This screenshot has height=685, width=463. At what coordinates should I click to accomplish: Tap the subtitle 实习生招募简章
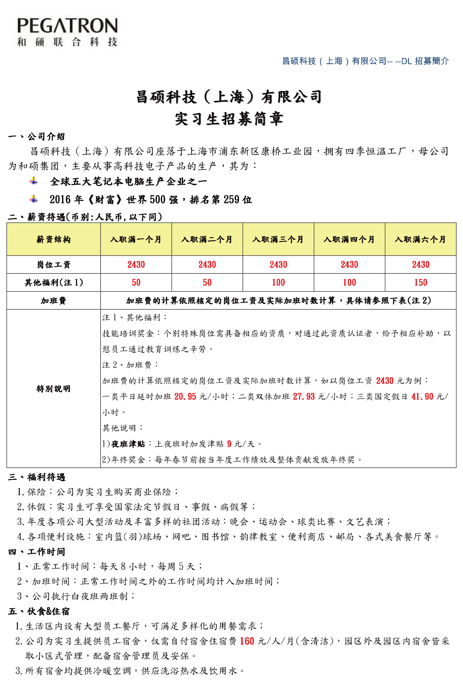click(229, 119)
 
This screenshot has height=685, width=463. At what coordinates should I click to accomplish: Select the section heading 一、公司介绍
click(37, 136)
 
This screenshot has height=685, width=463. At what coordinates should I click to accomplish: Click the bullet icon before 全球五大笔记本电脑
click(34, 181)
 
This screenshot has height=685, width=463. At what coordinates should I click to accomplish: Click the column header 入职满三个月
click(278, 239)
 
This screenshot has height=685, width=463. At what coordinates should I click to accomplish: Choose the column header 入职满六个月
click(420, 239)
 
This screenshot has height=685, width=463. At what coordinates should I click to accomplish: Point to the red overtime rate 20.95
click(185, 396)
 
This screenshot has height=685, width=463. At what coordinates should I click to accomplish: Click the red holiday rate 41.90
click(422, 396)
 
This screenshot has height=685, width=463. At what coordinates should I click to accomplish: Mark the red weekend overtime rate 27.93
click(304, 396)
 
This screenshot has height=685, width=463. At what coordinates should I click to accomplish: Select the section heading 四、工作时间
click(37, 552)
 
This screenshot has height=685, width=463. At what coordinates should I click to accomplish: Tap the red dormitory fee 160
click(247, 641)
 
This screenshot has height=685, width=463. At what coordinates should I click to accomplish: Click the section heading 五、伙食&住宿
click(39, 611)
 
